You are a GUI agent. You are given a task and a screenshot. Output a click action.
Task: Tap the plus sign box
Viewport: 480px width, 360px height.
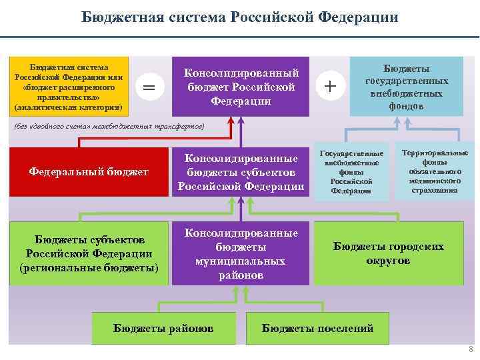330,87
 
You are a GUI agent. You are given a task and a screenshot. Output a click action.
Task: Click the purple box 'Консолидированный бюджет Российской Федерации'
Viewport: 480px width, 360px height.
241,87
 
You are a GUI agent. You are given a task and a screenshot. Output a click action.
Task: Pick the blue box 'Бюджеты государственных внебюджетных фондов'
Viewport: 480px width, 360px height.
407,87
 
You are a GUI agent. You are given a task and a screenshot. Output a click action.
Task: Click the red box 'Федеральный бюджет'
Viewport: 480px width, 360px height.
89,172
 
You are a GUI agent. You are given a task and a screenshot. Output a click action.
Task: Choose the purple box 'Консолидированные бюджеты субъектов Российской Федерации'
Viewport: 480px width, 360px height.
241,172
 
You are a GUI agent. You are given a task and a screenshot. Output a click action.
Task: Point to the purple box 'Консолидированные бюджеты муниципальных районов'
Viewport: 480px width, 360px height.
241,253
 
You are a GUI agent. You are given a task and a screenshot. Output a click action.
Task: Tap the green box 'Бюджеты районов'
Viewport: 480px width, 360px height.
163,328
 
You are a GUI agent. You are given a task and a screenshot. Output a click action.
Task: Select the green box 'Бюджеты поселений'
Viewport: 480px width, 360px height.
318,328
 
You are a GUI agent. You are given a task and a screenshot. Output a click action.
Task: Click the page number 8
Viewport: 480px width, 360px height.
471,349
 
